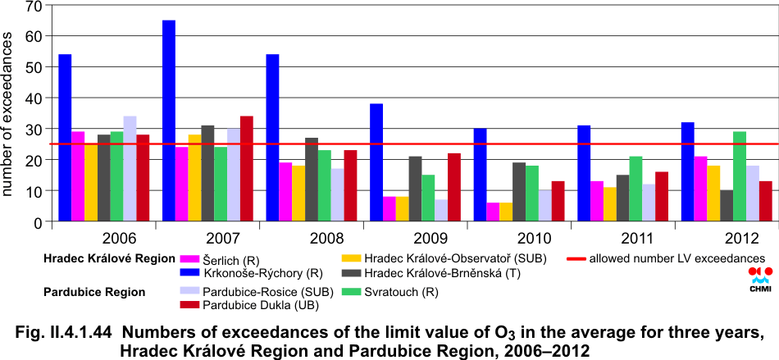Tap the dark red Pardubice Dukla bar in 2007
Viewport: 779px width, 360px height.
(x=247, y=169)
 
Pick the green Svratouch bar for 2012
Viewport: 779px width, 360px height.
(x=740, y=176)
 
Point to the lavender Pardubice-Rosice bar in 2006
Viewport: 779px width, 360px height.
(x=130, y=169)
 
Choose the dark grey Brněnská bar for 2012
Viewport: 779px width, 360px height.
(x=727, y=206)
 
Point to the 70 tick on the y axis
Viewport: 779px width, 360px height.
(x=34, y=6)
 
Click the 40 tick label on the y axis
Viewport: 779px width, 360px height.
(x=34, y=98)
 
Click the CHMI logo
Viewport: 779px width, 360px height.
(x=759, y=278)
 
